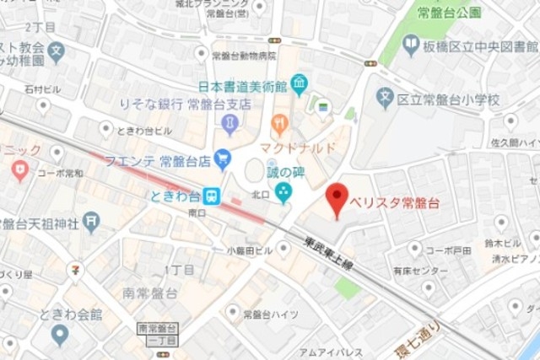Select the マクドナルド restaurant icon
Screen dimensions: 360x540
coord(280,125)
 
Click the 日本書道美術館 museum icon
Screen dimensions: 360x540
coord(299,84)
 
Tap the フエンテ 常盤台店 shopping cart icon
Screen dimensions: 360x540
coord(223,157)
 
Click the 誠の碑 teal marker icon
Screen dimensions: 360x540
coord(283,193)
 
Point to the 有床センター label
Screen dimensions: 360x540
coord(420,271)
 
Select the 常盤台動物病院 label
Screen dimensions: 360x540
coord(245,56)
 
